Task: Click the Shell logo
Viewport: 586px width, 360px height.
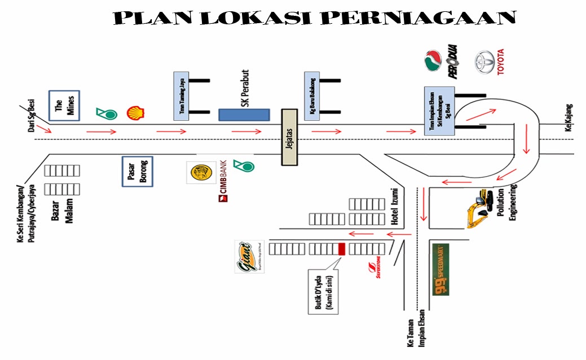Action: (135, 112)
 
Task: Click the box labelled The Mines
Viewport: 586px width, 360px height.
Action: (64, 106)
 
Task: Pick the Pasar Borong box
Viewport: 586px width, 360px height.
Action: (138, 171)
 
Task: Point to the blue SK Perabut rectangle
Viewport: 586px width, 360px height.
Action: (244, 115)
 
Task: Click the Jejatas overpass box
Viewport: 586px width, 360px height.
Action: (290, 137)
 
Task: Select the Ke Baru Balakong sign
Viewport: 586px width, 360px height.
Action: (312, 95)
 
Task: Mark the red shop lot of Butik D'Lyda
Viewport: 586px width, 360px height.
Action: (341, 248)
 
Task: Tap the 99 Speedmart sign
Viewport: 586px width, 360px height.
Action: (440, 270)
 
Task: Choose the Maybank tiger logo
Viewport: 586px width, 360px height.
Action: (201, 173)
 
